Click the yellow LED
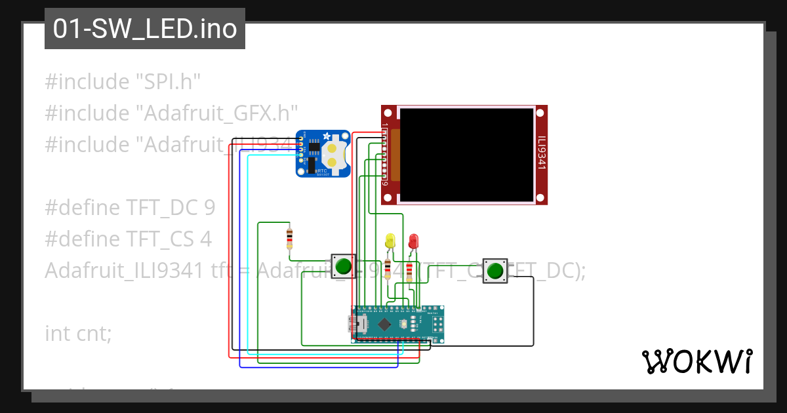coord(390,240)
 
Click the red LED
coord(413,241)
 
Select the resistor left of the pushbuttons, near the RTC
coord(289,239)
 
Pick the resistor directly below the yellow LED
coord(388,269)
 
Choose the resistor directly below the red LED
coord(410,270)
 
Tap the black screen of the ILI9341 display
coord(466,155)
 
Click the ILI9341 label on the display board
coord(541,153)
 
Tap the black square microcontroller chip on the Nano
coord(384,324)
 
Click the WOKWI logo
coord(696,361)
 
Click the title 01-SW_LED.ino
coord(145,29)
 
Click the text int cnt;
coord(78,333)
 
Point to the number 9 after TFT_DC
coord(209,208)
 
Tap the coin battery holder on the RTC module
coord(333,153)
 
